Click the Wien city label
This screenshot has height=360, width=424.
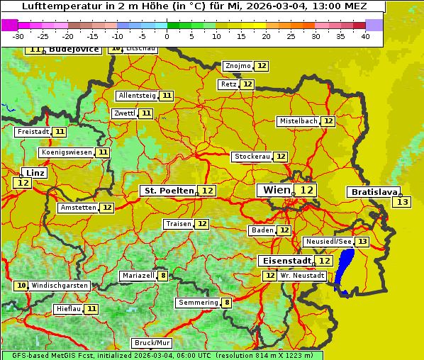tap(277, 190)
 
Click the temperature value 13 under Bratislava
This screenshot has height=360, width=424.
tap(402, 202)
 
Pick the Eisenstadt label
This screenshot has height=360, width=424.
tap(284, 261)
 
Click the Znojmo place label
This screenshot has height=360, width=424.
tap(238, 66)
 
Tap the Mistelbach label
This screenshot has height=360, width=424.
tap(298, 121)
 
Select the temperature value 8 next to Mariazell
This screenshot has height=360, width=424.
tap(163, 276)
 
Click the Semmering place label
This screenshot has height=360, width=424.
tap(199, 303)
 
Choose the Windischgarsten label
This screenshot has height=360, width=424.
tap(60, 286)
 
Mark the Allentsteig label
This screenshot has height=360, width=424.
tap(137, 96)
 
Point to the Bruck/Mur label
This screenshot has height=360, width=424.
tap(152, 343)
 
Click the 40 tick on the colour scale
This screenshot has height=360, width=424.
tap(365, 35)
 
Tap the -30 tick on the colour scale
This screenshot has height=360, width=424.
tap(18, 35)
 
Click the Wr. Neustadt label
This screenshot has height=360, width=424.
tap(303, 275)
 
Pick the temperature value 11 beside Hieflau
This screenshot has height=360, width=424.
tap(91, 309)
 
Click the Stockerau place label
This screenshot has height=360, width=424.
tap(252, 157)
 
